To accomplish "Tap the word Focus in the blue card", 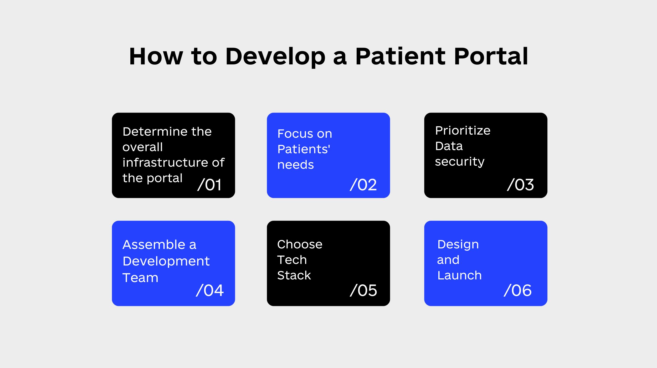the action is point(295,134).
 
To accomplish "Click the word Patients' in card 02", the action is point(304,149).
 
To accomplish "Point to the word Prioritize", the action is point(463,131).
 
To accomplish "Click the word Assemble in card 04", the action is point(154,245).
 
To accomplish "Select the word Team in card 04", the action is point(141,278).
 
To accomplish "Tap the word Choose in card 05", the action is point(300,244).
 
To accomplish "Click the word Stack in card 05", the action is point(294,275).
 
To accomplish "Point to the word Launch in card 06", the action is point(460,275).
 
